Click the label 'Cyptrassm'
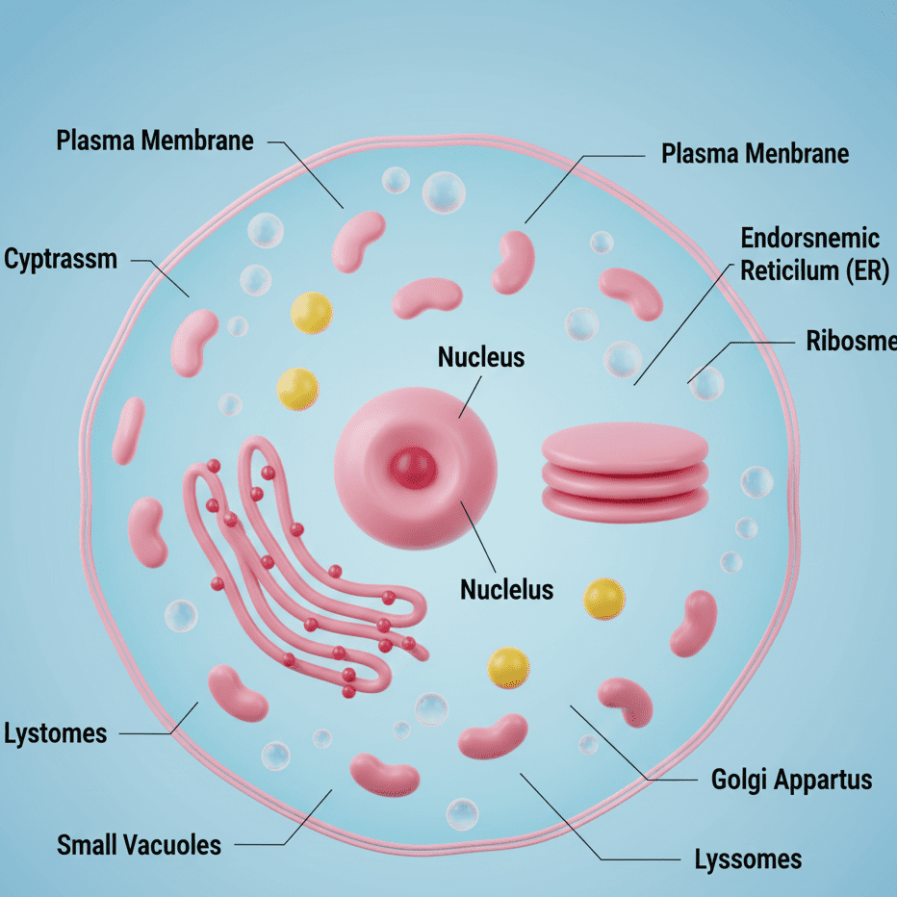click(61, 259)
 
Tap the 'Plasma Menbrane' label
click(756, 153)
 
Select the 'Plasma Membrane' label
click(155, 141)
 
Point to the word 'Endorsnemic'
click(810, 238)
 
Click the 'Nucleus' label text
click(481, 357)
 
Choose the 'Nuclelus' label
click(507, 589)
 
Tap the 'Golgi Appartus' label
click(792, 780)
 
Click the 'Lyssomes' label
click(748, 859)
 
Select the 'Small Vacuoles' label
click(139, 845)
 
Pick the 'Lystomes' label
click(56, 734)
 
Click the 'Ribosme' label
click(851, 341)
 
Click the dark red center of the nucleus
click(413, 468)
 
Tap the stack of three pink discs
click(626, 473)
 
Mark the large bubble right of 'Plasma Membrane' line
click(444, 192)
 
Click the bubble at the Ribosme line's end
click(706, 383)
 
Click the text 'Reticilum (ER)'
click(814, 270)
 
